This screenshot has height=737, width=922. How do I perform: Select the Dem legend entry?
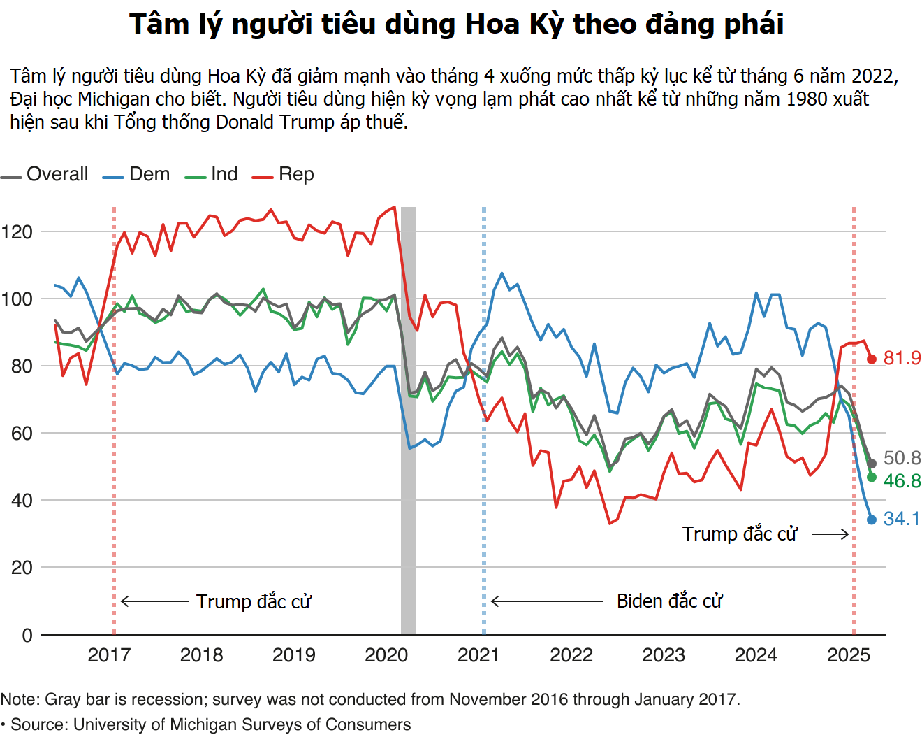click(x=138, y=174)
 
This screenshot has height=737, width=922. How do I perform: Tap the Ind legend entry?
click(x=212, y=174)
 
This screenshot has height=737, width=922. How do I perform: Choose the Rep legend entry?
click(x=284, y=174)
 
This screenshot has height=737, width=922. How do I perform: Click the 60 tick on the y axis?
click(x=22, y=434)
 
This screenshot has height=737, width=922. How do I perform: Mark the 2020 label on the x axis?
click(x=386, y=655)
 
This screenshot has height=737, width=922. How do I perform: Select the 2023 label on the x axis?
click(x=664, y=655)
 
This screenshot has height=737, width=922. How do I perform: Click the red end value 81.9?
click(x=902, y=358)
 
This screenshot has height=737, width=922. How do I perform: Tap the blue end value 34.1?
click(x=901, y=519)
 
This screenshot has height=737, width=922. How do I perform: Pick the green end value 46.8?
click(x=902, y=481)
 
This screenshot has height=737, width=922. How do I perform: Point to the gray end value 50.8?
click(x=902, y=458)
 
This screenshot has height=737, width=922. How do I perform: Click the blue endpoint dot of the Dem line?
click(x=872, y=520)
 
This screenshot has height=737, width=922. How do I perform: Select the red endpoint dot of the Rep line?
click(x=872, y=359)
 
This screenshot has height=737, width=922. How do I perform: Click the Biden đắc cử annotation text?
click(x=669, y=601)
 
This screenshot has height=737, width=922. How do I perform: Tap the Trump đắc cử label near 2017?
click(x=253, y=601)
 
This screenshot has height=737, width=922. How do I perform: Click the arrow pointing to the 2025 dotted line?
click(x=830, y=534)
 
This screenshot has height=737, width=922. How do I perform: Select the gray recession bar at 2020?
click(x=409, y=420)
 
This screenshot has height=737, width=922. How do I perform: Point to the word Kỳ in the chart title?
click(x=546, y=24)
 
